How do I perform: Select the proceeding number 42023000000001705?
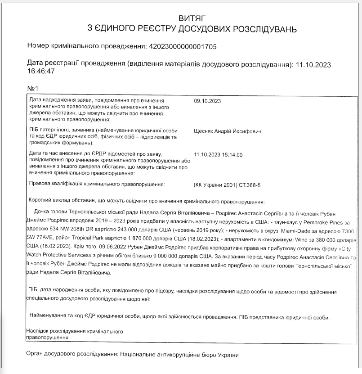[185, 46]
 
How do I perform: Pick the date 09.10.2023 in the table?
[207, 101]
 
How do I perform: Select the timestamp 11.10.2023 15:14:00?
[218, 155]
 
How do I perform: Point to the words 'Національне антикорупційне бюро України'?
[179, 355]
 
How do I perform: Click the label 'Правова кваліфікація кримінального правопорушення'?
[97, 185]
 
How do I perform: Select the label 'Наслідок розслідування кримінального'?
[75, 331]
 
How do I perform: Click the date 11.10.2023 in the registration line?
[313, 64]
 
